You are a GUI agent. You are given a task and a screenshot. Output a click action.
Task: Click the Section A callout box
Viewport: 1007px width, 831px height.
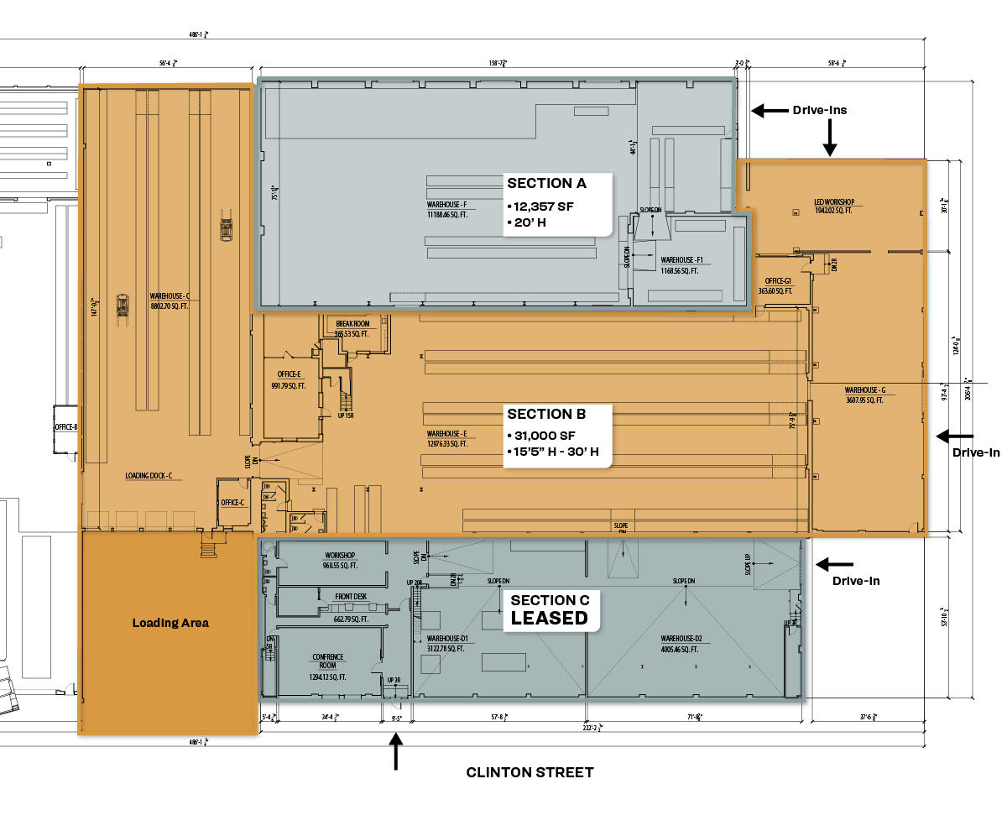(x=557, y=205)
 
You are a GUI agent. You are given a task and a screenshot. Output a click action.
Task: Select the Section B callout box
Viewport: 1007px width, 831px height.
(x=557, y=436)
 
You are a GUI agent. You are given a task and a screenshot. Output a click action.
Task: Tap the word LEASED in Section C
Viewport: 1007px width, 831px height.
(x=550, y=619)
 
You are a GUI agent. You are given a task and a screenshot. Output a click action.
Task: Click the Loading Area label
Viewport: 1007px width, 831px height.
(x=170, y=623)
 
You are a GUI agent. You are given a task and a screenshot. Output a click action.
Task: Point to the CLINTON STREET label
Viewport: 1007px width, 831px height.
(x=530, y=772)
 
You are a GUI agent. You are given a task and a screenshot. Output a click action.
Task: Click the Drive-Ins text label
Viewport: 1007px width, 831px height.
(x=820, y=110)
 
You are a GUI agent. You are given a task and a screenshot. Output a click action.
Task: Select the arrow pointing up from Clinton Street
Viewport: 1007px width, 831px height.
(x=395, y=751)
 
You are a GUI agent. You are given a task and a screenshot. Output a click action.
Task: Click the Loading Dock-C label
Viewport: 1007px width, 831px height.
(x=149, y=476)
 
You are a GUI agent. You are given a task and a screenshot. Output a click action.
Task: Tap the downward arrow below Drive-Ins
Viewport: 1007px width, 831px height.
(x=830, y=138)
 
